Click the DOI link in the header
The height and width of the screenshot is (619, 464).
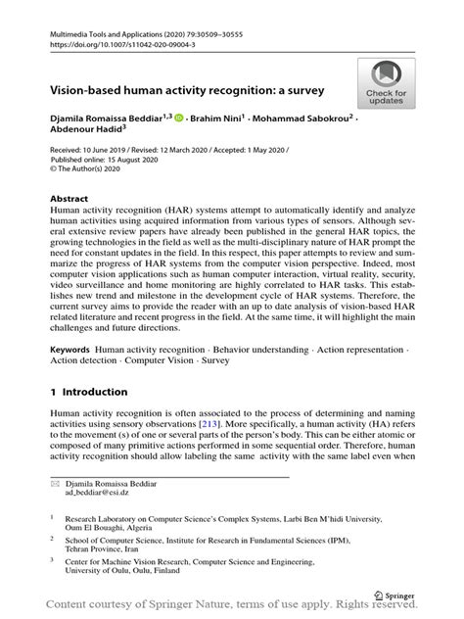click(124, 44)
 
